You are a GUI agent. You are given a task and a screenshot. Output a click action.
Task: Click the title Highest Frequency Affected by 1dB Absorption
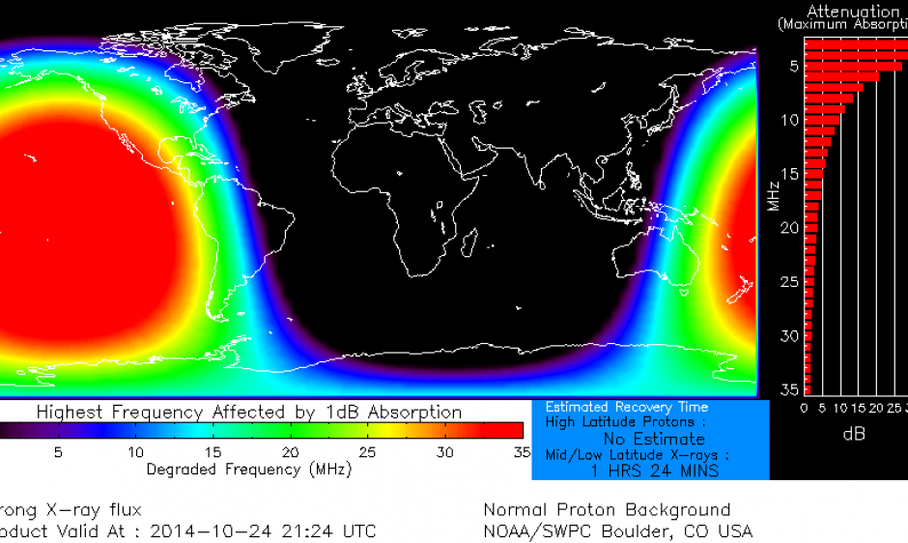pyautogui.click(x=249, y=413)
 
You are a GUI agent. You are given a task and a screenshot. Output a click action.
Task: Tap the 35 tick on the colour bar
pyautogui.click(x=522, y=452)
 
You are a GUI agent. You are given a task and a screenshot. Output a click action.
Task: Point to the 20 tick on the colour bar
pyautogui.click(x=290, y=452)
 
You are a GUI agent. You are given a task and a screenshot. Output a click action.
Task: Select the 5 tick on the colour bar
pyautogui.click(x=58, y=452)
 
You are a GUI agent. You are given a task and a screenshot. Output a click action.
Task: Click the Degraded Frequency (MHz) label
pyautogui.click(x=248, y=470)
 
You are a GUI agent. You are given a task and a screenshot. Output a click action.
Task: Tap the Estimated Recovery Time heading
pyautogui.click(x=627, y=408)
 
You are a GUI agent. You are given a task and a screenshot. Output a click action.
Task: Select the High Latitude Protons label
pyautogui.click(x=625, y=422)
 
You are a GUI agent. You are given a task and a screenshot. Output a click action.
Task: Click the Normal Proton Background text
pyautogui.click(x=607, y=510)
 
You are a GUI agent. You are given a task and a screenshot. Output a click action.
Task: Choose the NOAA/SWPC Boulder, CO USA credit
pyautogui.click(x=617, y=531)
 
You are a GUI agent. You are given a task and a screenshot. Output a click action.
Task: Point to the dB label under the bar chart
pyautogui.click(x=854, y=434)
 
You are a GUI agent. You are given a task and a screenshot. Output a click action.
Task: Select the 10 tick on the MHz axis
pyautogui.click(x=789, y=120)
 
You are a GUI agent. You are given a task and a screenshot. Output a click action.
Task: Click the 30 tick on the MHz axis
pyautogui.click(x=789, y=335)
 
